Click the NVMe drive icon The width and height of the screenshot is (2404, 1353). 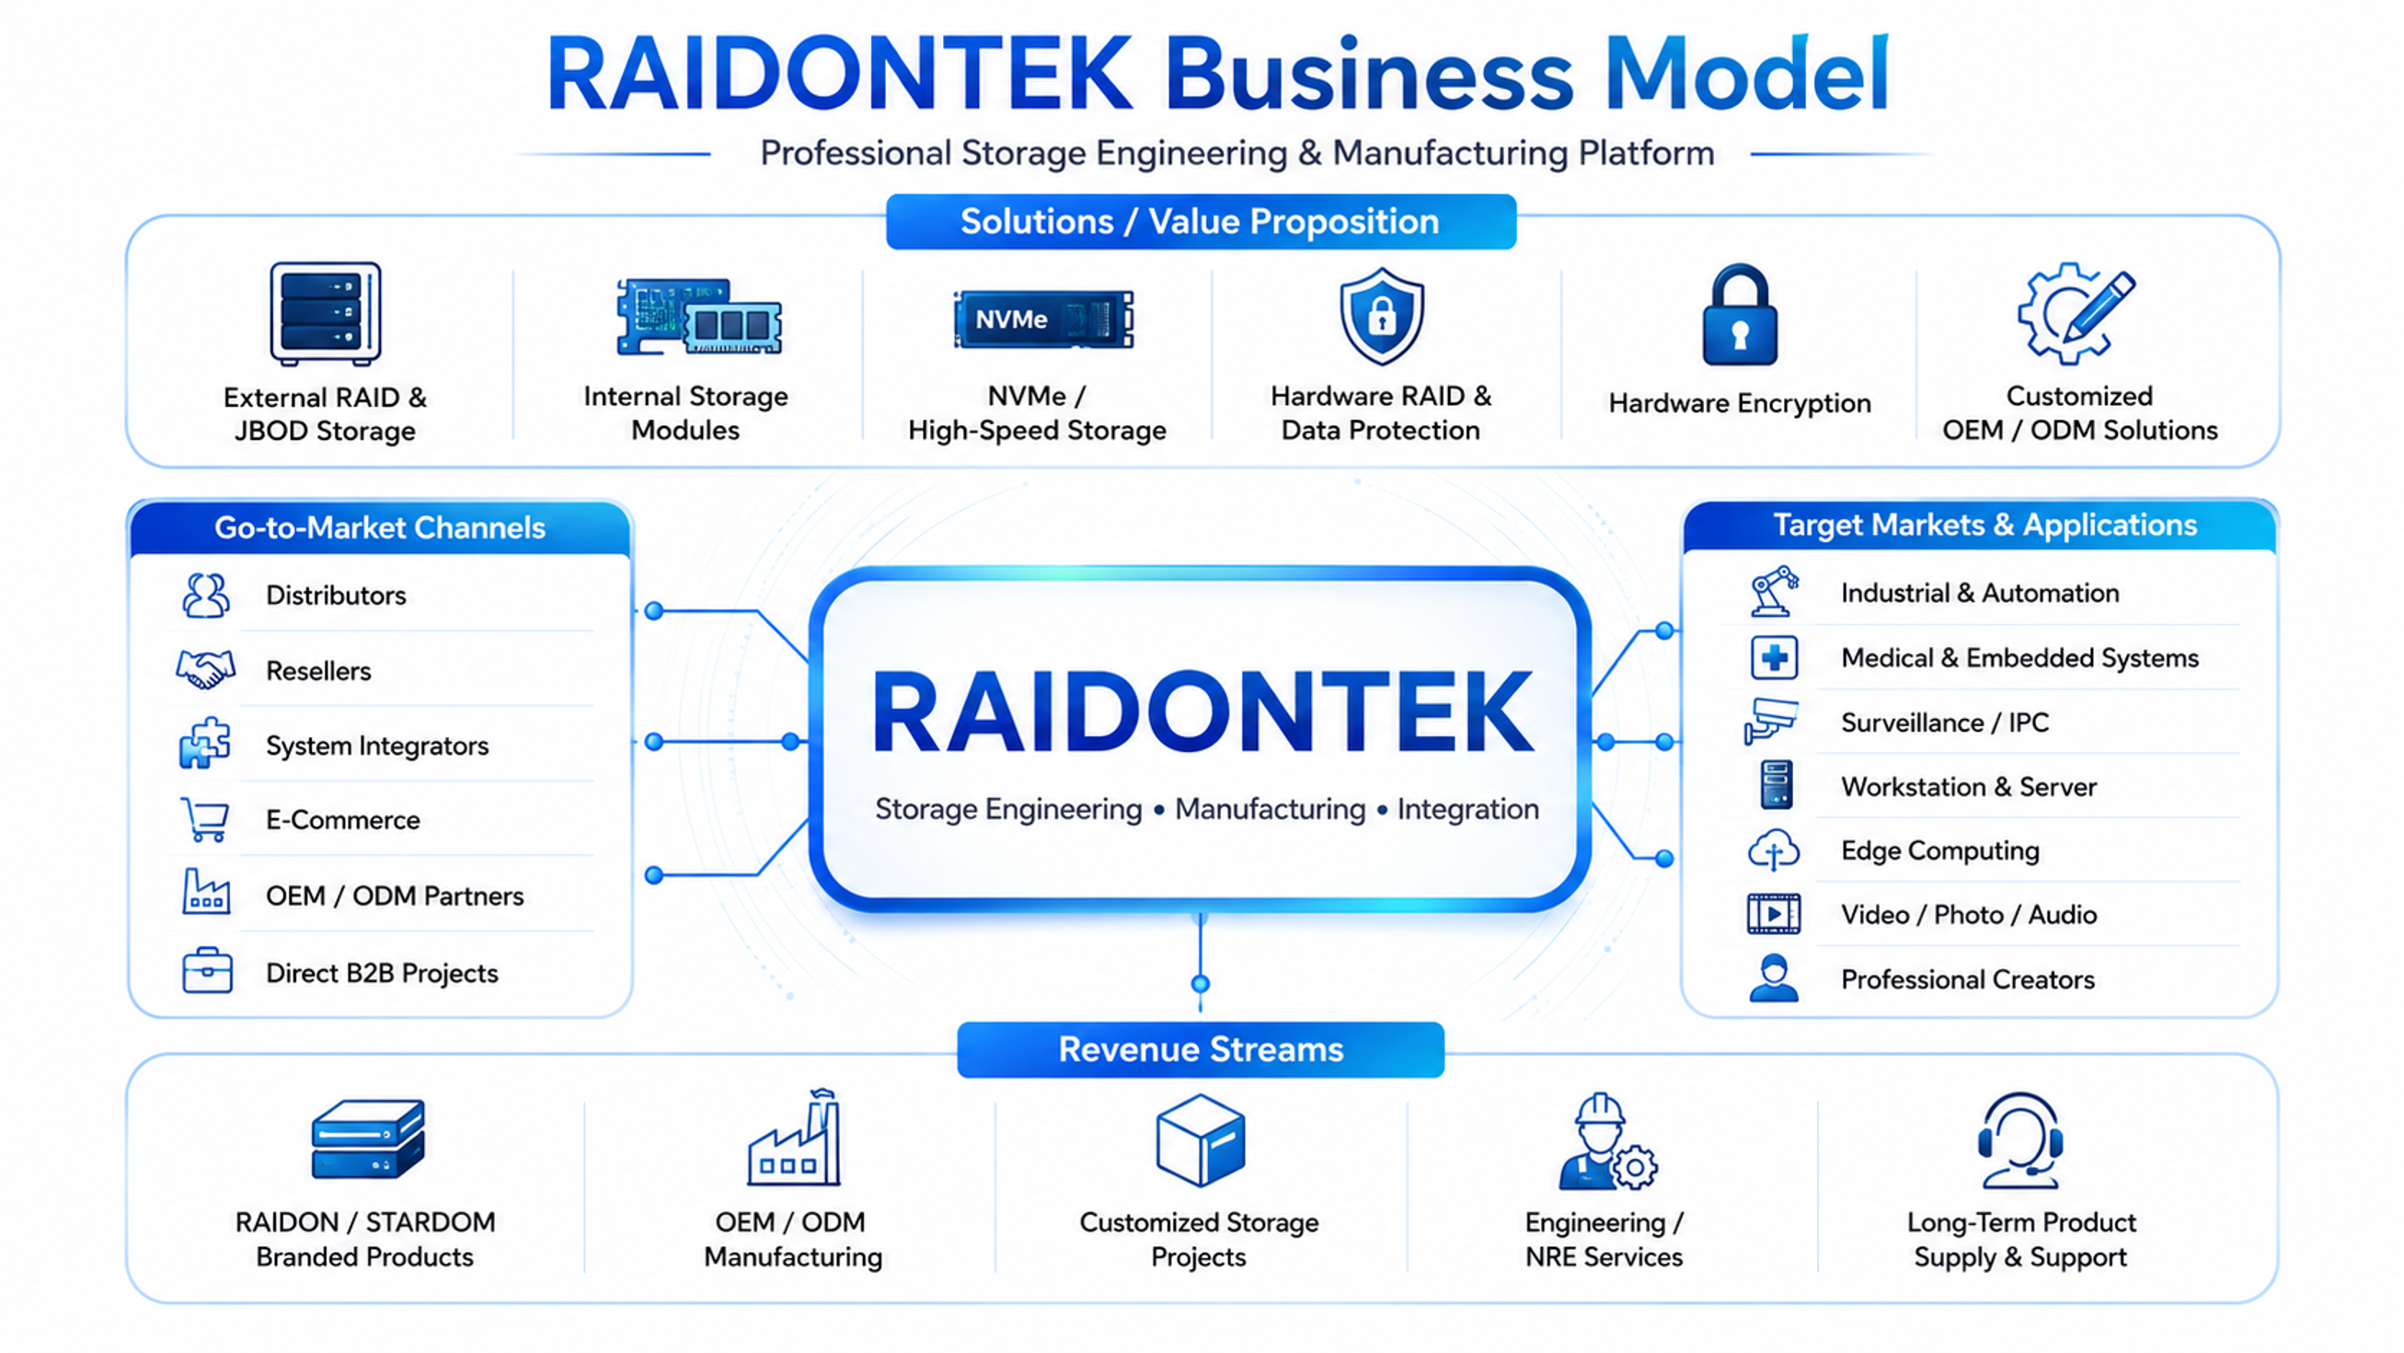tap(1043, 319)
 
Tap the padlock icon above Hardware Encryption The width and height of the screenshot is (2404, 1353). tap(1740, 315)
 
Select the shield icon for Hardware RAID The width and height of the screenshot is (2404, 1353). tap(1381, 316)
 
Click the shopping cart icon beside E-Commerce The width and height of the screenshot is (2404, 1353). tap(205, 819)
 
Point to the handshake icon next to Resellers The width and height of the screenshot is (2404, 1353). tap(205, 668)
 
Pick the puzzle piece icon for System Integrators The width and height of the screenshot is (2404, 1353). tap(204, 744)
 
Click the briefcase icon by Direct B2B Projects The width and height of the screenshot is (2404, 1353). tap(207, 971)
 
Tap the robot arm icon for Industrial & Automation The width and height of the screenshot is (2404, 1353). tap(1773, 591)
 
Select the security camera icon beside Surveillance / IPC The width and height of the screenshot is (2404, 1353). tap(1770, 720)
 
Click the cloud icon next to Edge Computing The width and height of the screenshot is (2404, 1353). tap(1773, 850)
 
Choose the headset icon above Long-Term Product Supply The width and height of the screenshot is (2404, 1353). tap(2020, 1140)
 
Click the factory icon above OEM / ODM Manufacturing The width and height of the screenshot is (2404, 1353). tap(794, 1137)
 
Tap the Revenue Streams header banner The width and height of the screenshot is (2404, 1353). tap(1201, 1049)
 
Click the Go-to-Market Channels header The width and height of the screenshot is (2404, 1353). tap(380, 527)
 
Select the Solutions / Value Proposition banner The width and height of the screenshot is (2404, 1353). tap(1201, 221)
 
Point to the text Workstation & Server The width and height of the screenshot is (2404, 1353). tap(1968, 786)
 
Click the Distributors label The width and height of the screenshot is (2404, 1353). tap(336, 595)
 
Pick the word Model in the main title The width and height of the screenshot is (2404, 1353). tap(1747, 74)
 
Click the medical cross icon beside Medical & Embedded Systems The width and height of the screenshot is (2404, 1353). tap(1774, 657)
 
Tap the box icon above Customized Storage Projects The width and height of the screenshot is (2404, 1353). tap(1200, 1140)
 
